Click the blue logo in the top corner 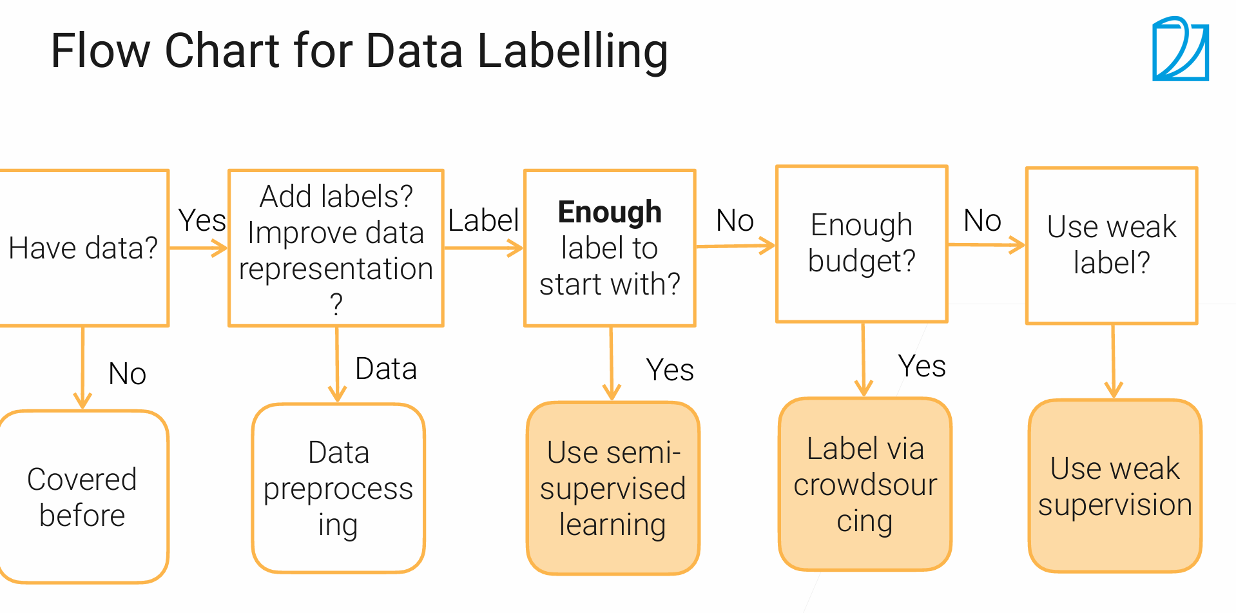1181,49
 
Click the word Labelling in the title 573,52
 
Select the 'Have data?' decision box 84,248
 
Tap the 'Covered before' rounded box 83,497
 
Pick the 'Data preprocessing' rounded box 338,488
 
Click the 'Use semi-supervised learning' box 613,488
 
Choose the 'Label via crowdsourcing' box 865,484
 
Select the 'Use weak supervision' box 1115,486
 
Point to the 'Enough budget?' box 862,244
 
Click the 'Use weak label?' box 1112,246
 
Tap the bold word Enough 610,212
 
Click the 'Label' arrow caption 483,220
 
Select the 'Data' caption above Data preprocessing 386,369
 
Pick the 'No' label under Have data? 128,374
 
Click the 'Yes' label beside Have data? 202,220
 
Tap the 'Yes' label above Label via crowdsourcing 922,366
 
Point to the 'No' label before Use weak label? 982,220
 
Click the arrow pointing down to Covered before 82,367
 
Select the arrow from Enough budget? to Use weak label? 987,245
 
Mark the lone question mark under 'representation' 336,304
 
